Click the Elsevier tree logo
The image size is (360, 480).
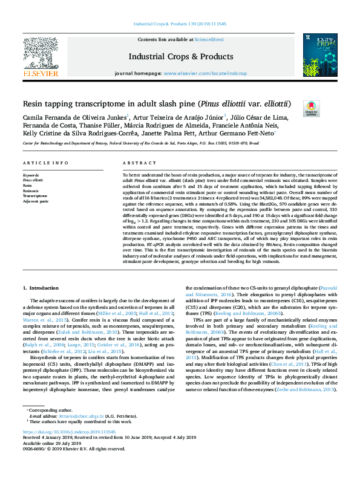coord(41,57)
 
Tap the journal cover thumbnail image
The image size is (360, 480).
coord(320,54)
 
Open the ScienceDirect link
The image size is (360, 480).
coord(209,39)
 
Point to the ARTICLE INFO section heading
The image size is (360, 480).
coord(45,164)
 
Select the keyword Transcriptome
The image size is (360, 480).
coord(34,196)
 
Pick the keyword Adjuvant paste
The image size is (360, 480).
coord(36,201)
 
